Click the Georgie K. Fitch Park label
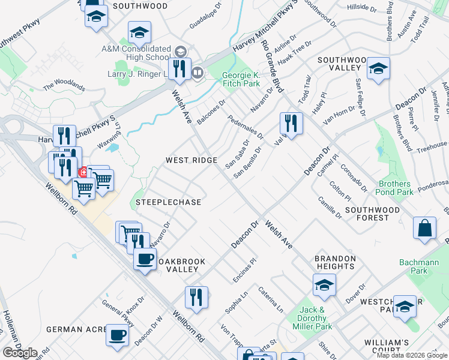coord(241,79)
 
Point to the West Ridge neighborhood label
coord(191,160)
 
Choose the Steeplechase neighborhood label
coord(168,202)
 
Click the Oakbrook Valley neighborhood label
coord(178,265)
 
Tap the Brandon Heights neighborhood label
coord(334,262)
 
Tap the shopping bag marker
coord(424,228)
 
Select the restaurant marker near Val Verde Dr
coord(291,124)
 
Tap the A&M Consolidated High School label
coord(136,53)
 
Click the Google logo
coord(20,352)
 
